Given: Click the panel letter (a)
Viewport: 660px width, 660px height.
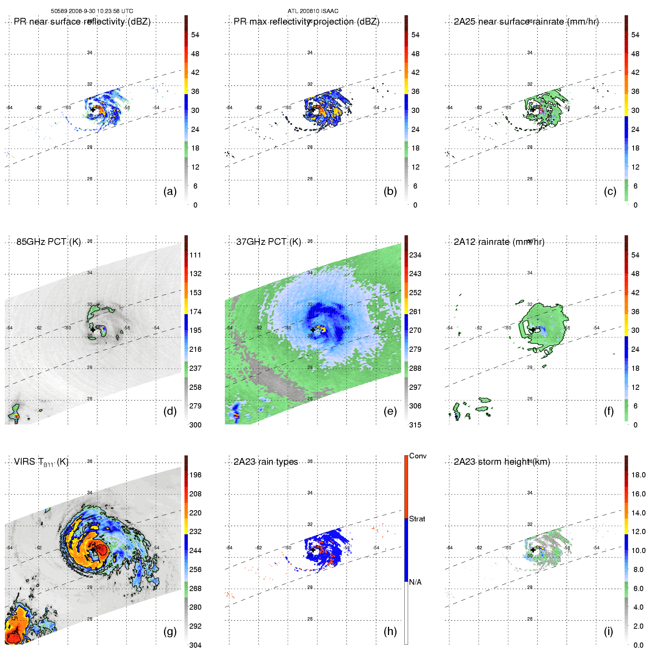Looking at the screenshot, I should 170,191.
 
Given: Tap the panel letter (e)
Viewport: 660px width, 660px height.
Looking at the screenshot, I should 390,411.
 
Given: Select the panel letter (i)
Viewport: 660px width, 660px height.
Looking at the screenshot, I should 609,631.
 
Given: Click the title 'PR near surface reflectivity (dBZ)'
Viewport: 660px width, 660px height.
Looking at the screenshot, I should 82,22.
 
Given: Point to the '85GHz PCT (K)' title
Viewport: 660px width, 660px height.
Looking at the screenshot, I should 48,242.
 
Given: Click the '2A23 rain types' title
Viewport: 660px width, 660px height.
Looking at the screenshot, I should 266,462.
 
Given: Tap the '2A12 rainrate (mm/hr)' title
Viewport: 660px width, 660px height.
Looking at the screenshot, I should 499,242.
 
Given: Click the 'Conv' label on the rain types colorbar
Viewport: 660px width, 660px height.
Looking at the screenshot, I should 418,456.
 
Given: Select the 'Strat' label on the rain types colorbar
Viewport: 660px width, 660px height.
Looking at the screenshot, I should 417,519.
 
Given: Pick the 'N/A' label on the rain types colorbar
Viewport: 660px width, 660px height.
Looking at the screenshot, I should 416,582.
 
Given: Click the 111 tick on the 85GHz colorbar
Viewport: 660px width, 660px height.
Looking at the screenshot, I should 195,255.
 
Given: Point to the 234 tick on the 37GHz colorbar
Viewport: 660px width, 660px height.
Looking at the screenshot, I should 415,255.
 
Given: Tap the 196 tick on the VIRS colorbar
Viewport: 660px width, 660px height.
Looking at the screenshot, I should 195,475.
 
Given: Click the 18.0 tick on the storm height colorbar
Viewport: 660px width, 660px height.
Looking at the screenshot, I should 638,475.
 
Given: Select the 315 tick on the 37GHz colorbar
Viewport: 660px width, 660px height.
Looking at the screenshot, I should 415,425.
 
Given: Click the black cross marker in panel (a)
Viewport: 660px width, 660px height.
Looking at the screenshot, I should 93,110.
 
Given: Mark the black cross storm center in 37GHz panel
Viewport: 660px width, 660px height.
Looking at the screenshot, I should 313,330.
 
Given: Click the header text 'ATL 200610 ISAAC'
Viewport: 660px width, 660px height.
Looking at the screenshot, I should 313,11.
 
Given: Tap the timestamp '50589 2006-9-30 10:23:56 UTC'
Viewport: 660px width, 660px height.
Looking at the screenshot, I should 92,11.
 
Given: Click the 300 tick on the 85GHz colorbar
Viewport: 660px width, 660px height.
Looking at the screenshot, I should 195,425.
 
